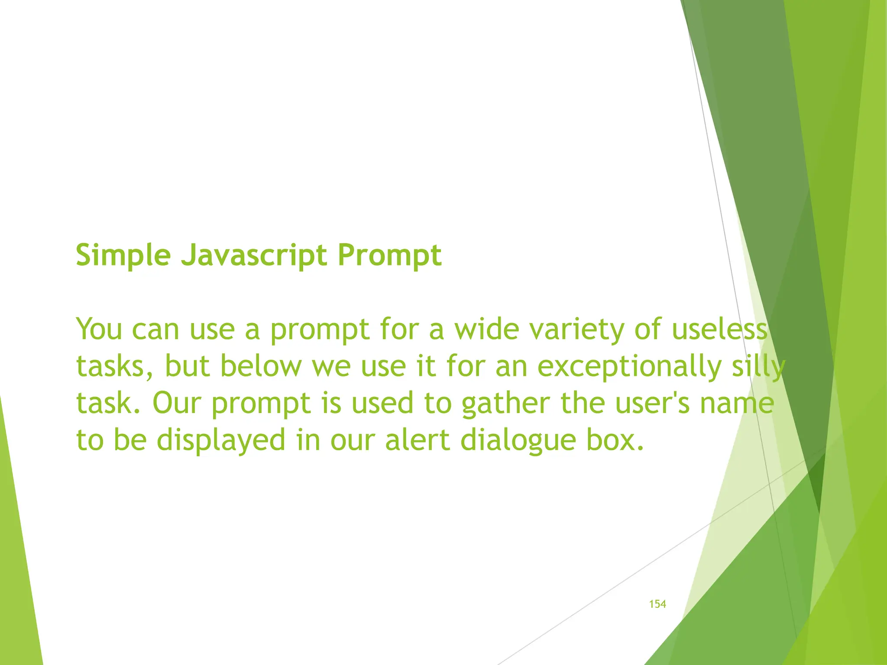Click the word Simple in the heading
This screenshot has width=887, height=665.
(123, 255)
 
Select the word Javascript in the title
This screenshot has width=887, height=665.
(254, 255)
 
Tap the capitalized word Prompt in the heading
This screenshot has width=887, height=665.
(389, 255)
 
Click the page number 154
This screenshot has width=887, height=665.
(657, 604)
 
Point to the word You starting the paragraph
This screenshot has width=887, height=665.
(99, 329)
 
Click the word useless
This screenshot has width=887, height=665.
(719, 329)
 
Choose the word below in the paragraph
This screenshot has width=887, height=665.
(261, 366)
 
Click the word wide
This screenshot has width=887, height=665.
(486, 329)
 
